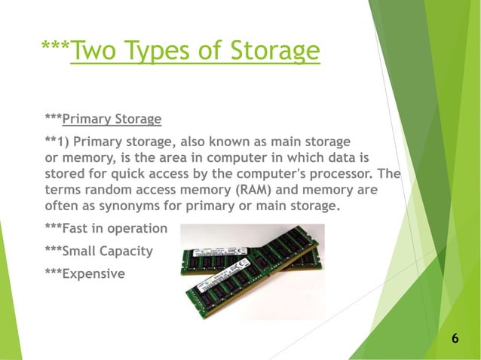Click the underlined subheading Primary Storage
point(112,119)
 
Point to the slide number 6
point(455,339)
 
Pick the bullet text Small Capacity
point(108,252)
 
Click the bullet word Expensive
point(93,274)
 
